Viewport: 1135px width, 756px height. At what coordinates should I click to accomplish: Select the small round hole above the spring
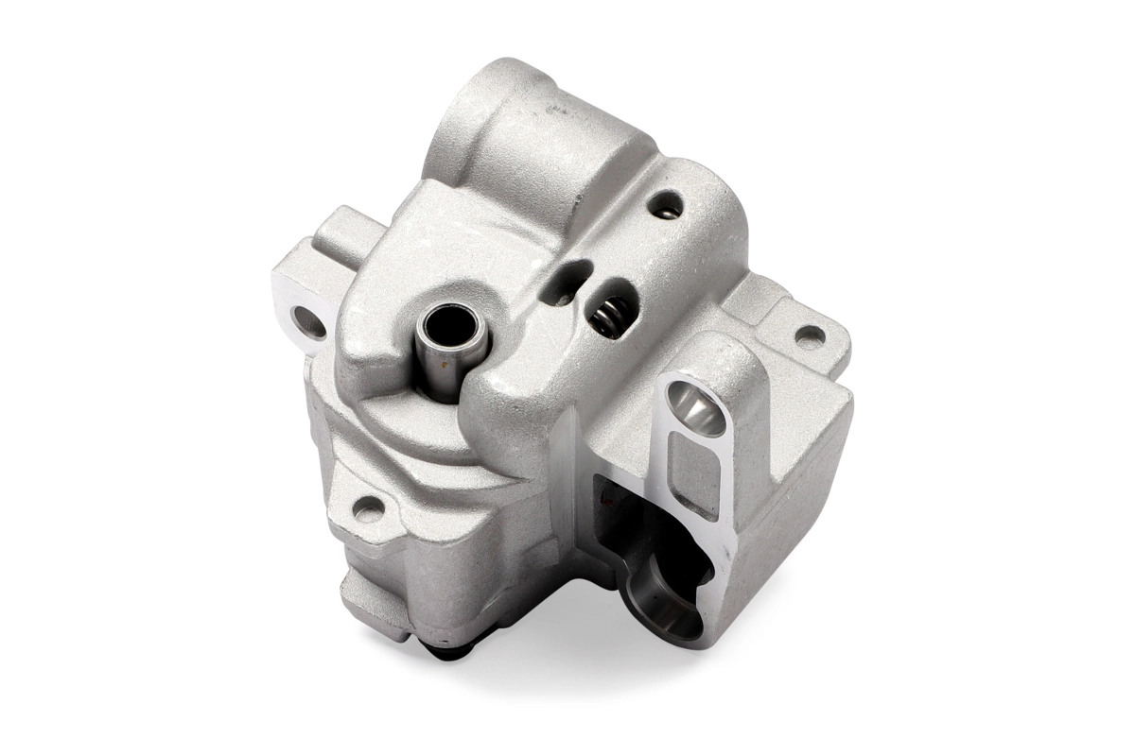666,204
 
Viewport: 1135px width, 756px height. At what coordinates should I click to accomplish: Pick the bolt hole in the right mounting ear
809,335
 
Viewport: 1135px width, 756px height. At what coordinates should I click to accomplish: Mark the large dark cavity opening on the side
653,539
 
